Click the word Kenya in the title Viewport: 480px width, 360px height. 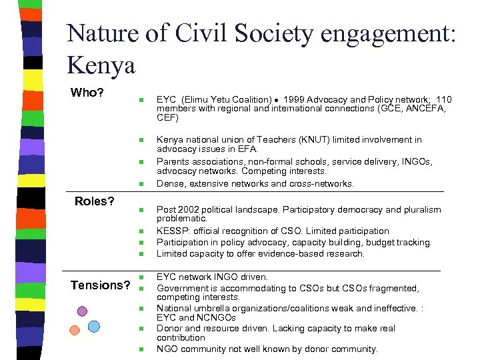[101, 65]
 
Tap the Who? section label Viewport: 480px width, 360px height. [87, 92]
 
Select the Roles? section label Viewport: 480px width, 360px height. [95, 201]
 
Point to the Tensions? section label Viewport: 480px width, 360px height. [101, 285]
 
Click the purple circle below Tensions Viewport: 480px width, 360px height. [82, 311]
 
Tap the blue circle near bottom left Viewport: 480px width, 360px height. [94, 326]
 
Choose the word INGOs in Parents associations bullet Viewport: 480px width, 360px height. [416, 161]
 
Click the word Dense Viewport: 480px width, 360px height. [170, 183]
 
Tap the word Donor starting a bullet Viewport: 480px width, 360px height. [169, 328]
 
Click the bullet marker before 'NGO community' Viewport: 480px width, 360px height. [141, 349]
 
